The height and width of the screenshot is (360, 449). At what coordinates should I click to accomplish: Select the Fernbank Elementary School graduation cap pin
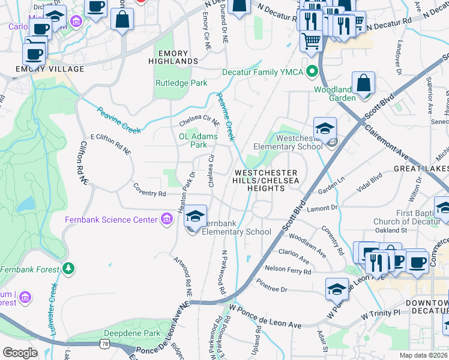(195, 217)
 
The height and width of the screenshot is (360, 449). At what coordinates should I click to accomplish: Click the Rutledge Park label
(181, 83)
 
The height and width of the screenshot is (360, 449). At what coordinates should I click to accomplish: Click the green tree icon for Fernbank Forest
(69, 267)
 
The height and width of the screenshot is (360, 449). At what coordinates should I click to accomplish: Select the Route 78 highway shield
(105, 344)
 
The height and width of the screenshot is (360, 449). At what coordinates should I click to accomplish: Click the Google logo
(20, 352)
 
